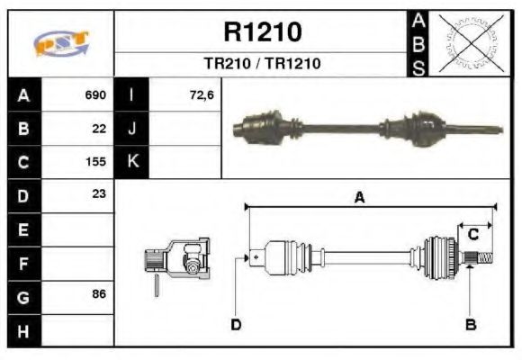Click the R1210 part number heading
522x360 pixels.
point(262,32)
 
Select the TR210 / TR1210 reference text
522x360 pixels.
point(262,65)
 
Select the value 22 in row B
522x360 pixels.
point(99,129)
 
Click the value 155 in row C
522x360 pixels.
point(95,163)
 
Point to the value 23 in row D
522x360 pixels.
point(99,193)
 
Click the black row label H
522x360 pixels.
point(23,330)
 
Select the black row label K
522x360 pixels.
point(131,163)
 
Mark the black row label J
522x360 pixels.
point(131,129)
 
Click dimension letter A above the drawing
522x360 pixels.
point(359,199)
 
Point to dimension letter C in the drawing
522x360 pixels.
point(473,235)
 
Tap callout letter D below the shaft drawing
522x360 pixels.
point(236,323)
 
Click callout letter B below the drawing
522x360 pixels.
point(471,323)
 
